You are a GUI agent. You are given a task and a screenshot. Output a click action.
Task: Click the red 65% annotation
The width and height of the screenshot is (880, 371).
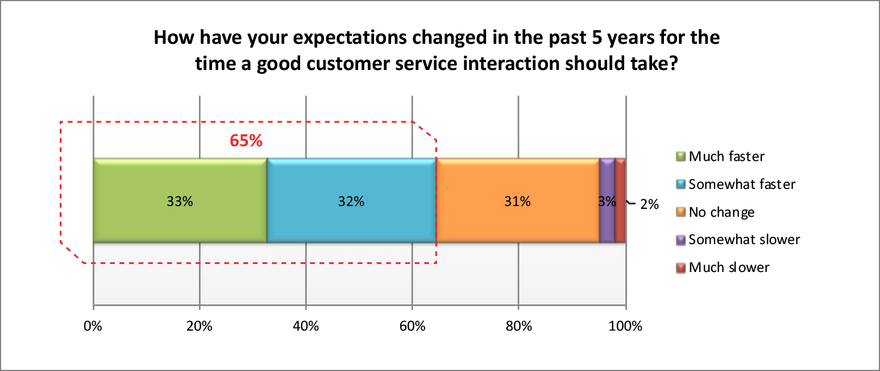pyautogui.click(x=246, y=141)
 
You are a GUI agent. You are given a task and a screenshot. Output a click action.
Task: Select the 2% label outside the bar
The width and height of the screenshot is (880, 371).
pyautogui.click(x=649, y=204)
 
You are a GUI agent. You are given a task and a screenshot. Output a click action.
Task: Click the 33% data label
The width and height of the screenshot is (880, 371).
pyautogui.click(x=180, y=201)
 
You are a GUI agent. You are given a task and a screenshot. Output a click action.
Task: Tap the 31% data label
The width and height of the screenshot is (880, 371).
pyautogui.click(x=517, y=201)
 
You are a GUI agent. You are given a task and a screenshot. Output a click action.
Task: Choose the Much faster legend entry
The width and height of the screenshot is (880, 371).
pyautogui.click(x=726, y=156)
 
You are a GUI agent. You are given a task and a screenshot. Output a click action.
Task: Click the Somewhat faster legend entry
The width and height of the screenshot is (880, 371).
pyautogui.click(x=741, y=184)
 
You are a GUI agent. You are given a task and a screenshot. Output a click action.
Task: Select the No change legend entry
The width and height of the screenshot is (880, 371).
pyautogui.click(x=721, y=212)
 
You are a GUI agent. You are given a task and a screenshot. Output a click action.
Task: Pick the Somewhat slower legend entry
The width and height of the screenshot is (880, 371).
pyautogui.click(x=744, y=240)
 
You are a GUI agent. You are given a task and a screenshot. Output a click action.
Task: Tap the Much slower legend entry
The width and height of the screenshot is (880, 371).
pyautogui.click(x=729, y=267)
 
